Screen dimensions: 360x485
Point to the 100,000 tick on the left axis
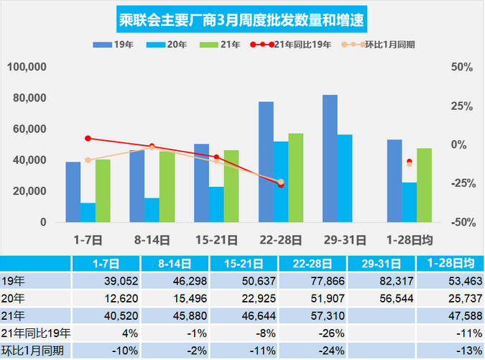point(27,67)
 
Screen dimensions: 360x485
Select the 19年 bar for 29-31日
point(330,158)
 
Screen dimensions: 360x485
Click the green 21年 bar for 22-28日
point(295,177)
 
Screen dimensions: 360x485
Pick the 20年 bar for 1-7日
point(88,213)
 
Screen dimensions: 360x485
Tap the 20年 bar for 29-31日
point(345,178)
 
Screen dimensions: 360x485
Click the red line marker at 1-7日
point(88,138)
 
